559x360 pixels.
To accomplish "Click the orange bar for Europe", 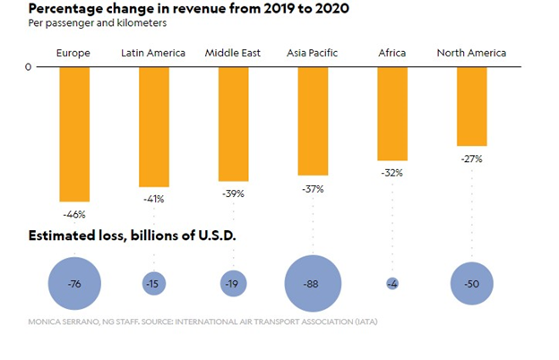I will tap(74, 134).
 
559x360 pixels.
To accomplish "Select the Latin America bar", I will tap(153, 125).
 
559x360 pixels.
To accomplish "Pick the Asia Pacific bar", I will tap(313, 121).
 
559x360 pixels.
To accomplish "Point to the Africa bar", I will tap(391, 114).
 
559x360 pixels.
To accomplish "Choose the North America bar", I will tap(471, 106).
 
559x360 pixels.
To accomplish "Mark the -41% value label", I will tap(153, 199).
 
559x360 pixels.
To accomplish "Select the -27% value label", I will tap(471, 159).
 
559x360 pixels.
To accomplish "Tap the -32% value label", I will tap(391, 173).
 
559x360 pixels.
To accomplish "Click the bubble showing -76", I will tap(74, 284).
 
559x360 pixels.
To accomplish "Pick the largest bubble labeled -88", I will tap(313, 284).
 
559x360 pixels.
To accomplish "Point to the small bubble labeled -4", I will tap(391, 284).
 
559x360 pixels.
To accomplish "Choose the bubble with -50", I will tap(471, 284).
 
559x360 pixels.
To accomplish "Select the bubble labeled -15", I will tap(153, 284).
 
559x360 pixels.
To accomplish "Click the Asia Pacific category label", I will tap(313, 54).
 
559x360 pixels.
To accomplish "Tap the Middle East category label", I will tap(233, 54).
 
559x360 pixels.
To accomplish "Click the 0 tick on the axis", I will tap(28, 67).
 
